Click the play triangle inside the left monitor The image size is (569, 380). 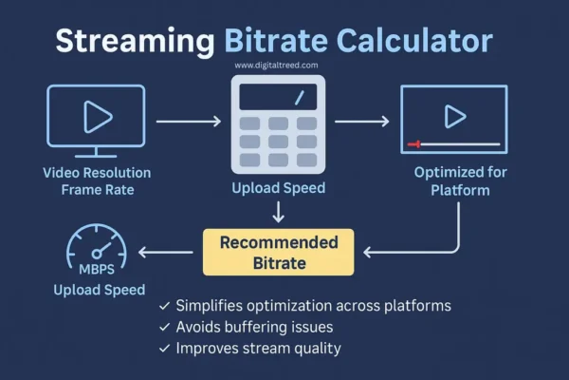pos(96,117)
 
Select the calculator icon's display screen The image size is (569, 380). pos(278,96)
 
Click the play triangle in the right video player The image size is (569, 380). pos(455,116)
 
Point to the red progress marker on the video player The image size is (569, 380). pos(413,144)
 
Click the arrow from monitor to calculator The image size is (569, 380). pos(188,122)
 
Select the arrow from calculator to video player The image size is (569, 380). pos(361,122)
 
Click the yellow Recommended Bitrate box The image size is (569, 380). pos(278,252)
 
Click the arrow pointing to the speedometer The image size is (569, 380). pos(171,252)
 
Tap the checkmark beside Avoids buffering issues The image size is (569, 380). pos(166,327)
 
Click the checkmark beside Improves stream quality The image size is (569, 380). pos(166,348)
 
